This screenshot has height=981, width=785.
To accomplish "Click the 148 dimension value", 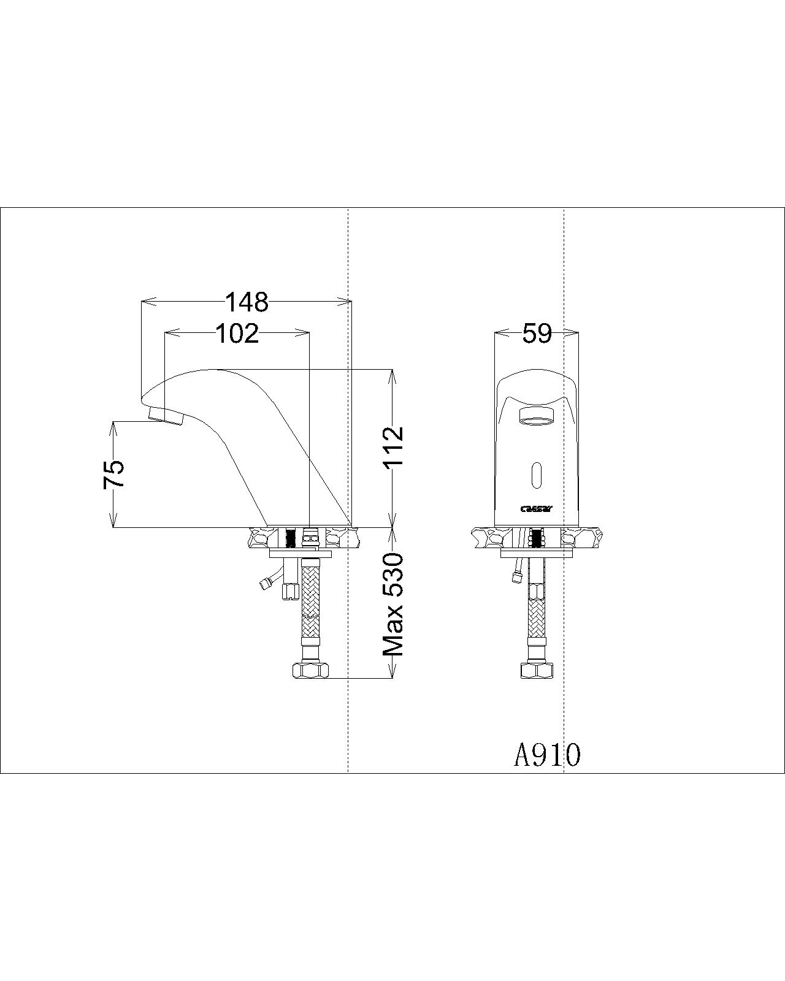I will tap(247, 302).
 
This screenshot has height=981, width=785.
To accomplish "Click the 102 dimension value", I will tap(237, 334).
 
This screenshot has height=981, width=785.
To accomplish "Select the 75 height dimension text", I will tap(114, 474).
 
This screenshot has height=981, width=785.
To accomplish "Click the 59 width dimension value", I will tap(537, 334).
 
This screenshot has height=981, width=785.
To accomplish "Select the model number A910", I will tap(546, 755).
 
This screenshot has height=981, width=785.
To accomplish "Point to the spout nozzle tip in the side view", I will tap(166, 417).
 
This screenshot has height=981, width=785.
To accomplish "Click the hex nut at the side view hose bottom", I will tap(312, 670).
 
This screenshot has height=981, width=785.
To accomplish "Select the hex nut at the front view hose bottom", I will tap(537, 670).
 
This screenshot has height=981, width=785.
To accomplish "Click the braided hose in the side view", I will tap(312, 607).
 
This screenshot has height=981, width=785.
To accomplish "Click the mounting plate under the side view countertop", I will tap(301, 554).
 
